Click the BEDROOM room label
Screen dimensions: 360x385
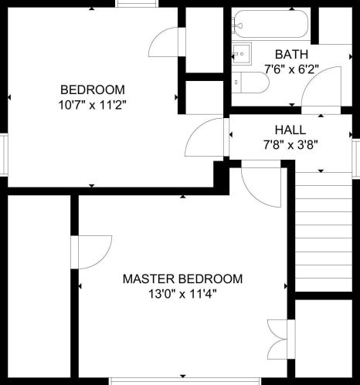[x=93, y=89]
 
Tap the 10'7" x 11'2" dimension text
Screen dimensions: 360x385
[x=93, y=105]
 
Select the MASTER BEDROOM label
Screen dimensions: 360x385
[x=182, y=279]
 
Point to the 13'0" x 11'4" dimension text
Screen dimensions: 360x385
[x=182, y=294]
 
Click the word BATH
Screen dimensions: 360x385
[x=291, y=54]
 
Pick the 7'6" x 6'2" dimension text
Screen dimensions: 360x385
[x=292, y=69]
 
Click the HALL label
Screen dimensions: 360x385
[x=290, y=130]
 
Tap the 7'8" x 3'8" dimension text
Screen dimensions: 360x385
[x=290, y=145]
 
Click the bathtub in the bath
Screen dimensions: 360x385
[x=270, y=24]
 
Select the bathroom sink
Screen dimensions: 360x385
[x=242, y=54]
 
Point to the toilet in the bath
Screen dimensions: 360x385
[x=250, y=83]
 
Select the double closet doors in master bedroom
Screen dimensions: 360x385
[x=277, y=339]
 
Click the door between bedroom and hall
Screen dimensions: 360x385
[x=204, y=137]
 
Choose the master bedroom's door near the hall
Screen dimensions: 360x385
[x=261, y=187]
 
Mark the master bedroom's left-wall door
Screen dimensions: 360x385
[x=91, y=252]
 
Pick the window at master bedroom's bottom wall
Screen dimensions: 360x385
[x=185, y=381]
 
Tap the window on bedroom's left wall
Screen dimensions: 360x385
[x=4, y=155]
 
